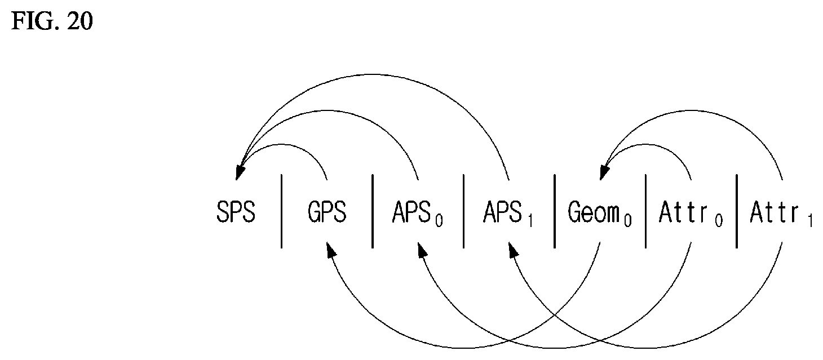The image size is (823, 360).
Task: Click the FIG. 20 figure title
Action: [52, 21]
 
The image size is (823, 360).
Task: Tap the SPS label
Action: [236, 212]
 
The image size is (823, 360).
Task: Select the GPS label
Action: [327, 212]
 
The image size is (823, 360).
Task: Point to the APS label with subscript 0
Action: [418, 214]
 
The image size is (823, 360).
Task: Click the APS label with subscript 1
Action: [508, 214]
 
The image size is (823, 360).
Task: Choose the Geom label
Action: [600, 214]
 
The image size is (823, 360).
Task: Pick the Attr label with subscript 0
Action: [691, 214]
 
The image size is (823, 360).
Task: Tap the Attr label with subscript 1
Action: [781, 214]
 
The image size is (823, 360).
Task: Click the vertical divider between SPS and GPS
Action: [282, 211]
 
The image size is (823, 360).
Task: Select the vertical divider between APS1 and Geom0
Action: [555, 211]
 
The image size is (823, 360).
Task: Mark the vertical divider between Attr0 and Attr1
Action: [737, 211]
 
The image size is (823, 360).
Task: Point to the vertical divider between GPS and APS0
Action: [373, 211]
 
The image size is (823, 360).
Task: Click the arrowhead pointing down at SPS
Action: [240, 172]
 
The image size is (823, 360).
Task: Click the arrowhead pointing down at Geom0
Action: [604, 172]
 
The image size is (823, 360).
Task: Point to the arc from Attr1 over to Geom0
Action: [694, 111]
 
